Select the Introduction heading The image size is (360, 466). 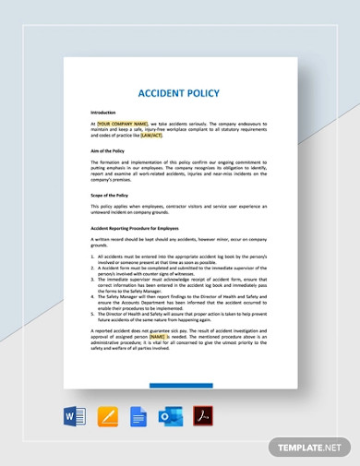(x=102, y=112)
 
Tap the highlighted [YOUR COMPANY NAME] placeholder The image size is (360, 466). (x=121, y=122)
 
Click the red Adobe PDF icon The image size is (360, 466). (x=201, y=417)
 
